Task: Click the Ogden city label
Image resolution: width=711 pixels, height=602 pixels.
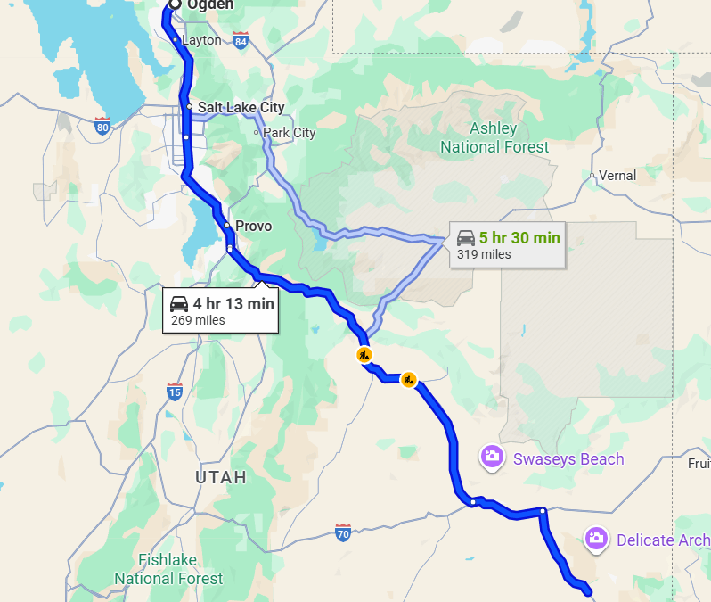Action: (211, 5)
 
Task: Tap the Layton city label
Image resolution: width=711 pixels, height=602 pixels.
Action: (200, 40)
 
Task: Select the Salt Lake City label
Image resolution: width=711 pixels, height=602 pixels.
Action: (241, 107)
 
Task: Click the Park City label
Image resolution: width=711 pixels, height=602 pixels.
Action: (289, 133)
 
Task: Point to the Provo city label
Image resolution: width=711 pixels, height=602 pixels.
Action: (253, 226)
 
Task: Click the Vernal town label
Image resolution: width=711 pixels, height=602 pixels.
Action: (617, 176)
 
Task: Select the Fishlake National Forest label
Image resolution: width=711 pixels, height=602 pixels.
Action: (168, 570)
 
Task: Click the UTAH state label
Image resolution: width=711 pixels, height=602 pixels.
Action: (221, 478)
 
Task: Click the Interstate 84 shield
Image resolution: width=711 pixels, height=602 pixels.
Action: (241, 40)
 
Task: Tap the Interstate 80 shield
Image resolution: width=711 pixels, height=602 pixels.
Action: (102, 127)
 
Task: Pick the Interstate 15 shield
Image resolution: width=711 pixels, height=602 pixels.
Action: (175, 391)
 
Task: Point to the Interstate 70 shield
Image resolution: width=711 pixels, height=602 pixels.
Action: (343, 532)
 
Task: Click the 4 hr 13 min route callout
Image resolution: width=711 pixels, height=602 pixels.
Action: (221, 309)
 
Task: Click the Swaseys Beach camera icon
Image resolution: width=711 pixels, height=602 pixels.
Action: (491, 458)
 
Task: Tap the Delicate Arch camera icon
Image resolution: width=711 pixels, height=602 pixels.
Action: (595, 538)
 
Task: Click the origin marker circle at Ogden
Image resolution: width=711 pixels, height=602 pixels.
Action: (174, 4)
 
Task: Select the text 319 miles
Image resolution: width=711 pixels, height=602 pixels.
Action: (484, 254)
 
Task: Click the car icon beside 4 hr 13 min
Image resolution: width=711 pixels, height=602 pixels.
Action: (179, 303)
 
